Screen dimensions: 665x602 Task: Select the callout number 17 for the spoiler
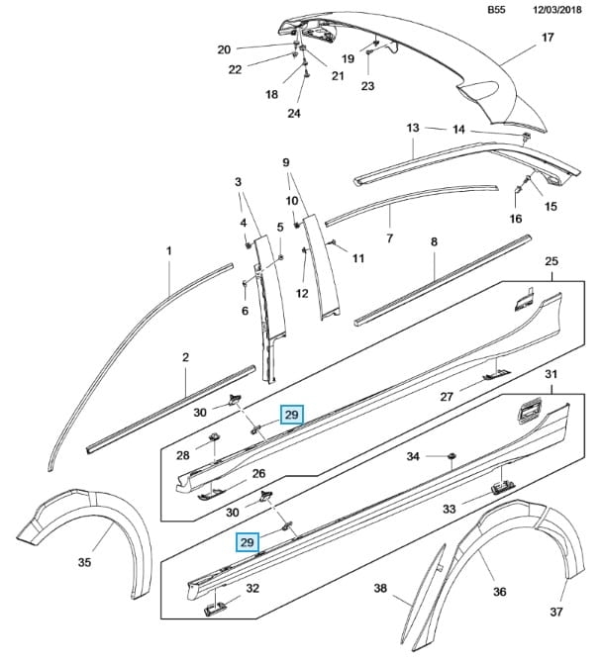tap(548, 39)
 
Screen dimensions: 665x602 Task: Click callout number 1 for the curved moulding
tap(169, 252)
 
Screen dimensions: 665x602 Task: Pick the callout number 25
tap(552, 259)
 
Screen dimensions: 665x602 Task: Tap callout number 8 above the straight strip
tap(433, 241)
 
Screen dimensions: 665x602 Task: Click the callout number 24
tap(293, 113)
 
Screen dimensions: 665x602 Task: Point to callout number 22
tap(235, 68)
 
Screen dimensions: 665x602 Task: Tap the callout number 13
tap(413, 128)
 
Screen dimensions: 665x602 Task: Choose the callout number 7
tap(390, 238)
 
